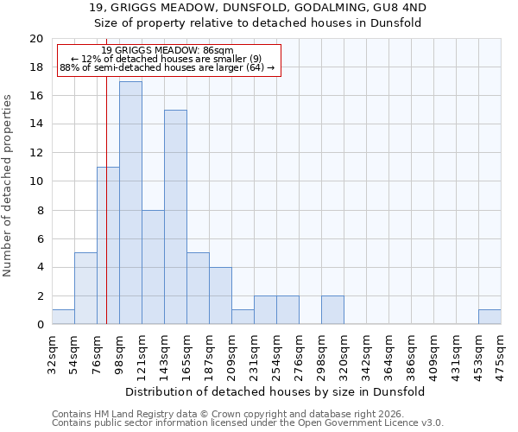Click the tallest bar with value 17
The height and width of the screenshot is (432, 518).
click(130, 203)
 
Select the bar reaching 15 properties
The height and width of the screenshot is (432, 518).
click(175, 217)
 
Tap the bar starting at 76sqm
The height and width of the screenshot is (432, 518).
click(108, 245)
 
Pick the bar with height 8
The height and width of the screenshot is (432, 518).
click(153, 267)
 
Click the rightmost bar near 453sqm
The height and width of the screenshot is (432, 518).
click(490, 317)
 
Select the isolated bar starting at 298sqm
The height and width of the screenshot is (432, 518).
click(332, 310)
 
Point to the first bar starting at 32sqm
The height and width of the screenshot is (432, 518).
click(63, 317)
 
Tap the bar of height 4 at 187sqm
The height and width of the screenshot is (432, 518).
click(220, 295)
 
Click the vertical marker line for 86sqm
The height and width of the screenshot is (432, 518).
click(106, 199)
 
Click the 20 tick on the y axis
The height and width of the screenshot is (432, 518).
click(36, 39)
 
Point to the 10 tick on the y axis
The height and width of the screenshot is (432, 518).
click(36, 181)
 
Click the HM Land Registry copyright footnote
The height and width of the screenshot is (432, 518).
click(248, 414)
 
